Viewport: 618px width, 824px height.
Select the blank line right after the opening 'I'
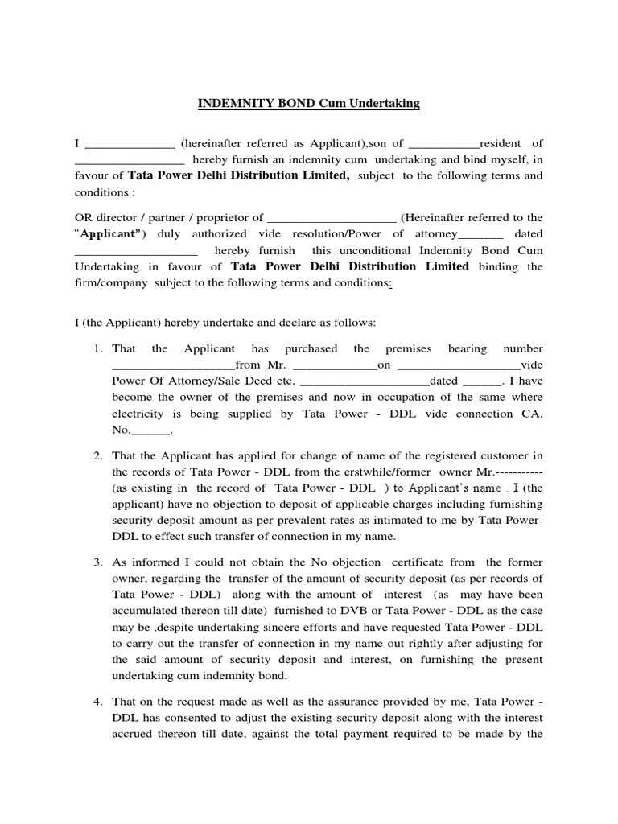[129, 145]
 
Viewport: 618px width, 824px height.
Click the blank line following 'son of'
[443, 145]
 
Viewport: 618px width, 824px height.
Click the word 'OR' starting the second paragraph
[84, 217]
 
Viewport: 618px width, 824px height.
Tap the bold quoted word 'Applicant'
[109, 233]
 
